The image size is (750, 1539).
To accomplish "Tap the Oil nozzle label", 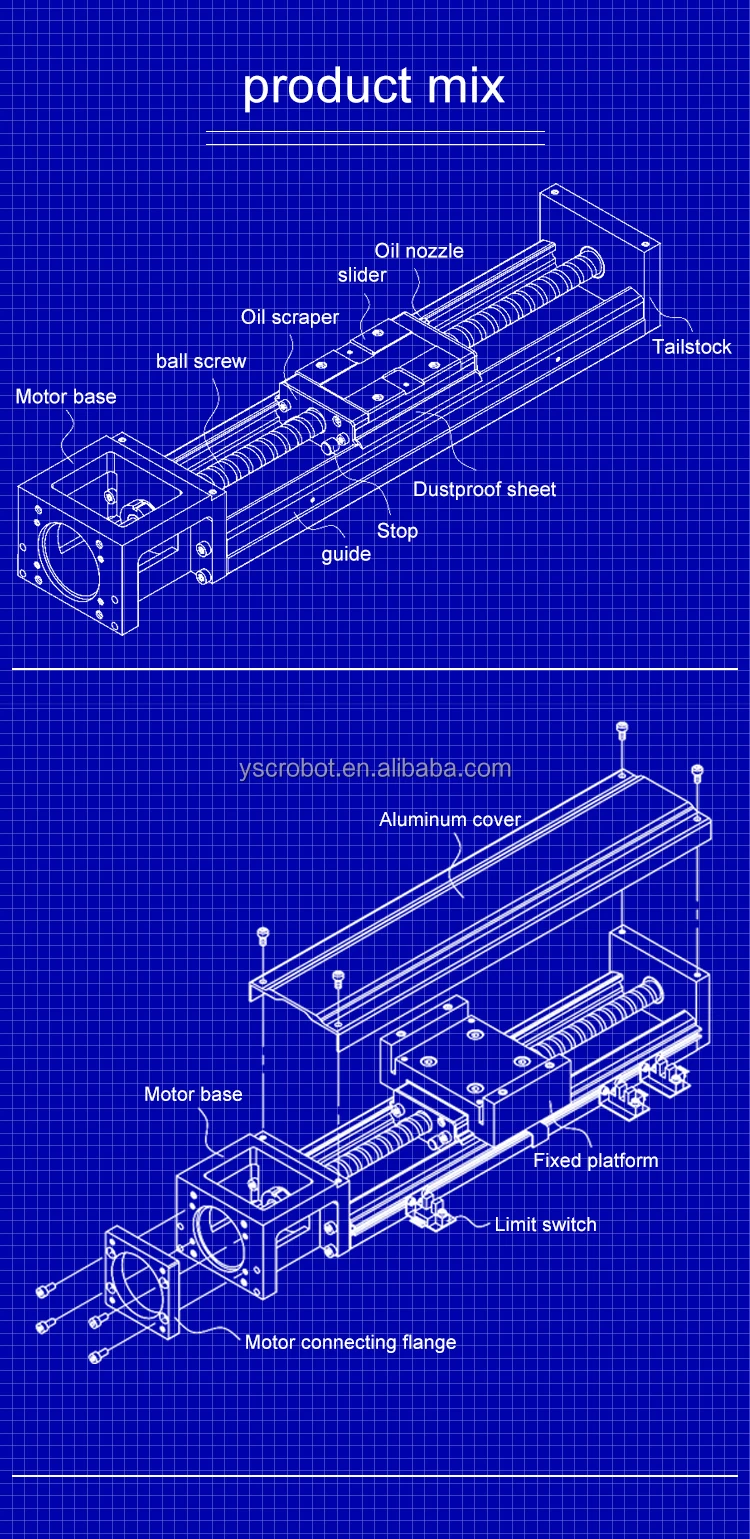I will pyautogui.click(x=419, y=250).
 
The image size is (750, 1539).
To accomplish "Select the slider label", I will pyautogui.click(x=361, y=274).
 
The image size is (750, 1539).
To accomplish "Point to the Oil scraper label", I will pyautogui.click(x=290, y=317).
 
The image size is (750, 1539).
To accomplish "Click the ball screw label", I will pyautogui.click(x=201, y=361).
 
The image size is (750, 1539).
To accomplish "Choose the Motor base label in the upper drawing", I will pyautogui.click(x=66, y=397).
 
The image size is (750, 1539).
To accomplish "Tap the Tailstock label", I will pyautogui.click(x=691, y=347).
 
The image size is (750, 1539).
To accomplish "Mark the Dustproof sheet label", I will pyautogui.click(x=484, y=489).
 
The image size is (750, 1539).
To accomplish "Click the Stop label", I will pyautogui.click(x=397, y=530).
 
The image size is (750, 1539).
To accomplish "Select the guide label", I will pyautogui.click(x=346, y=554).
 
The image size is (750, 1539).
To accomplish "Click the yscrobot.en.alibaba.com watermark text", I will pyautogui.click(x=375, y=768).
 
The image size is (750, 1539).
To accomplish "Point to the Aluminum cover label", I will pyautogui.click(x=450, y=819).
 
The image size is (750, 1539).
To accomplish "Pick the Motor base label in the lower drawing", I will pyautogui.click(x=193, y=1094).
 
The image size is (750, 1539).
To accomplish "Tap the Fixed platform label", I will pyautogui.click(x=595, y=1160).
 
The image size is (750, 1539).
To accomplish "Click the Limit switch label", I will pyautogui.click(x=545, y=1224).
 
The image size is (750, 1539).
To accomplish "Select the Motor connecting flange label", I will pyautogui.click(x=350, y=1342).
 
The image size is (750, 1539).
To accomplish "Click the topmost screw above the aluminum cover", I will pyautogui.click(x=621, y=729).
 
